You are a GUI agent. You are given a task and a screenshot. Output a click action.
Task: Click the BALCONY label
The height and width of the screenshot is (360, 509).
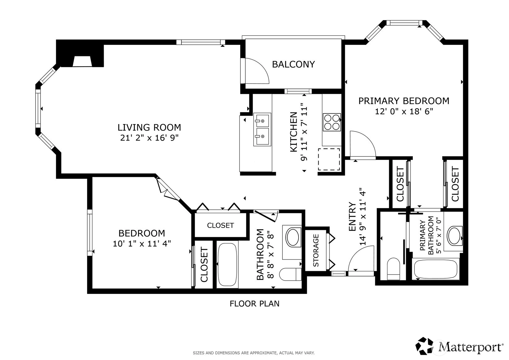pyautogui.click(x=293, y=64)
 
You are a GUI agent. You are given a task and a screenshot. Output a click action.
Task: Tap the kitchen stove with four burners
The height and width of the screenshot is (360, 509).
pyautogui.click(x=332, y=122)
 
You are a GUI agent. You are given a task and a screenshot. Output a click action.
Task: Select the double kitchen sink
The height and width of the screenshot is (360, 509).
pyautogui.click(x=262, y=129)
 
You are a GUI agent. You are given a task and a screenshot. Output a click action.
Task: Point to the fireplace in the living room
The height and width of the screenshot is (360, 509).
pyautogui.click(x=82, y=62)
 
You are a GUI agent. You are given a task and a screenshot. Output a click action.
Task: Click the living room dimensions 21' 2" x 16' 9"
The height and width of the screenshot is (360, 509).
pyautogui.click(x=149, y=138)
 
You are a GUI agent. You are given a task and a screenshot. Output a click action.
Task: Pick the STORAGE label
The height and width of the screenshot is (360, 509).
pyautogui.click(x=316, y=250)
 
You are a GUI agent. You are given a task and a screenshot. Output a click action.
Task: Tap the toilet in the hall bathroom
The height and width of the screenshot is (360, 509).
pyautogui.click(x=290, y=275)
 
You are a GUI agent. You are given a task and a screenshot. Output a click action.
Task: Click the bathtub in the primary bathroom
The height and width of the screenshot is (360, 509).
pyautogui.click(x=436, y=269)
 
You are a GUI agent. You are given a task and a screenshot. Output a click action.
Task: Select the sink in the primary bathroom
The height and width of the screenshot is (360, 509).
pyautogui.click(x=455, y=236)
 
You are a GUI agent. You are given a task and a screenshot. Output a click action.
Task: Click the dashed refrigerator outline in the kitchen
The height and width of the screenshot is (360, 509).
pyautogui.click(x=329, y=159)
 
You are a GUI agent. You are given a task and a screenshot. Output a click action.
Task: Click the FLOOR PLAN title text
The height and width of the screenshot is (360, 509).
pyautogui.click(x=255, y=304)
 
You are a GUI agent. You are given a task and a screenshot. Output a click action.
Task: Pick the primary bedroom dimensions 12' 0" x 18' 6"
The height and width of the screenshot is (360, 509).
pyautogui.click(x=404, y=112)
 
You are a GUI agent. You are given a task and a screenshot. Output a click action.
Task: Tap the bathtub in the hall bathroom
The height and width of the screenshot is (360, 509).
pyautogui.click(x=227, y=264)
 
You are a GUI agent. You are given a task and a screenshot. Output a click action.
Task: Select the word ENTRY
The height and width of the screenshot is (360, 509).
pyautogui.click(x=352, y=217)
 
